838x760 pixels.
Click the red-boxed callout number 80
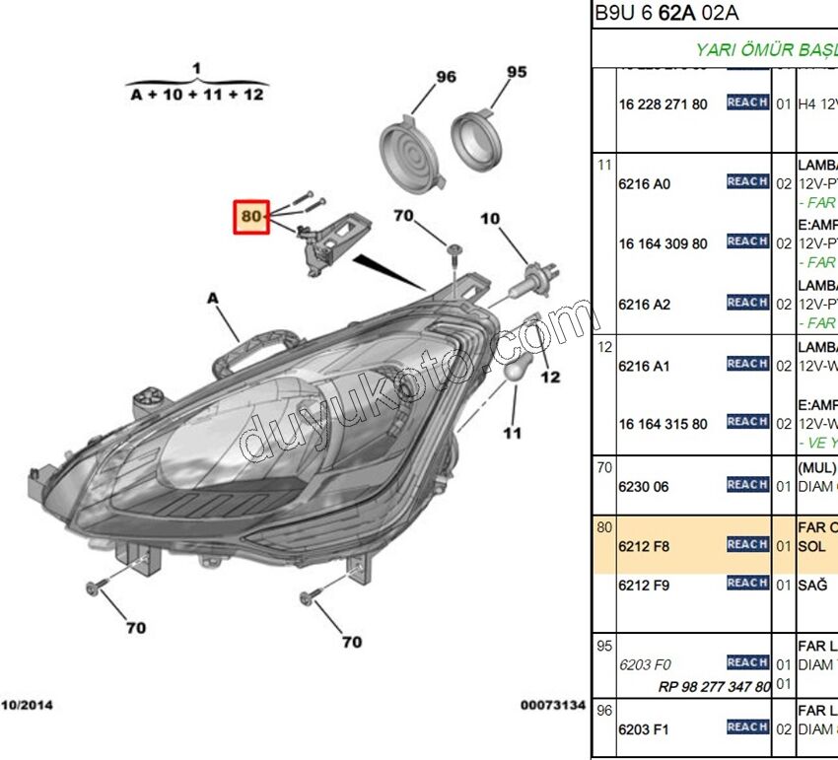coord(251,216)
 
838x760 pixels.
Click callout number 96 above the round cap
coord(446,77)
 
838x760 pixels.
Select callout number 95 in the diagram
coord(517,71)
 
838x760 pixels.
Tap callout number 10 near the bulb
coord(490,218)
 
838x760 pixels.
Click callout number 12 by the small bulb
coord(550,376)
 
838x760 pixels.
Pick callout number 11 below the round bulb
coord(513,433)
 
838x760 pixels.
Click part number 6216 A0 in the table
coord(644,184)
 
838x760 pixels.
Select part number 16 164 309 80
coord(663,243)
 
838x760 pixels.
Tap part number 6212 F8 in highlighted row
coord(644,545)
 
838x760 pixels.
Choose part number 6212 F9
coord(644,585)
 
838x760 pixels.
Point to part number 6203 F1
coord(644,729)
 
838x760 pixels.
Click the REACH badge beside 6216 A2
coord(747,303)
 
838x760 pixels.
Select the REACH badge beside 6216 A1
coord(747,364)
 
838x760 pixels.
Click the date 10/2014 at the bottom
coord(27,705)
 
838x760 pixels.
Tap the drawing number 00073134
coord(553,705)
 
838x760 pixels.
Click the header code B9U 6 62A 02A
coord(665,14)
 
